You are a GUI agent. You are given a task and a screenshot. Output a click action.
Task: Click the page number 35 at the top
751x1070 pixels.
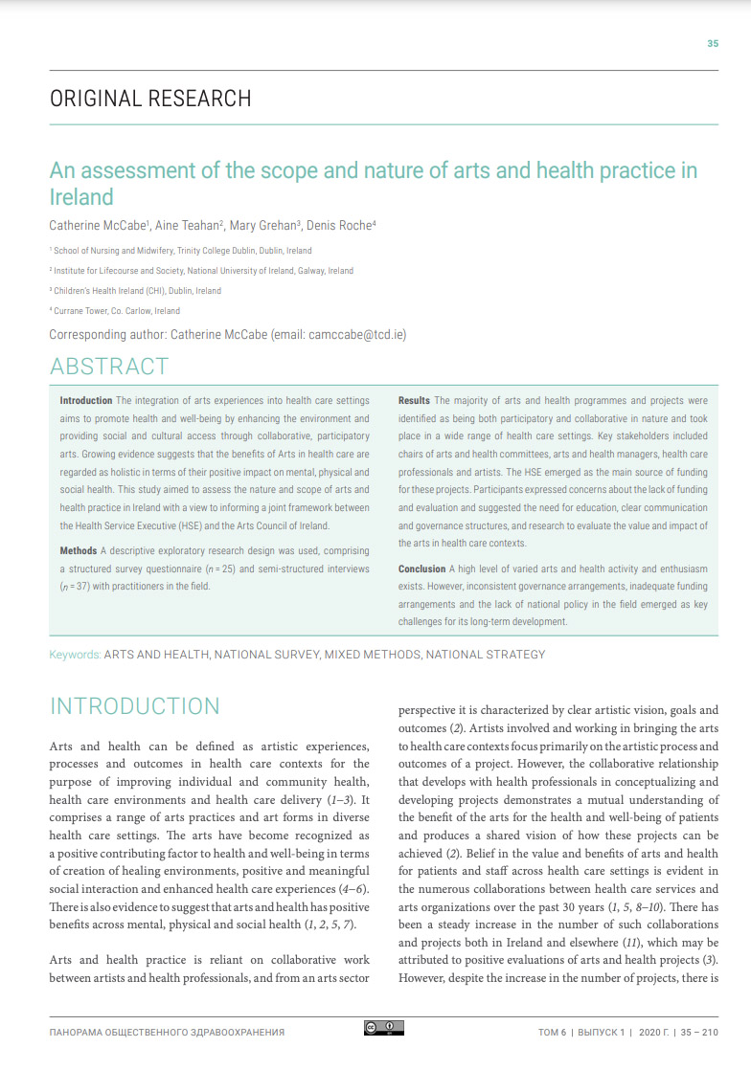coord(712,43)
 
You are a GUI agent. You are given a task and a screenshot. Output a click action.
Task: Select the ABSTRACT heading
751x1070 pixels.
coord(108,367)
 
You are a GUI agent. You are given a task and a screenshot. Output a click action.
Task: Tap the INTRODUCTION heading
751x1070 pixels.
coord(134,706)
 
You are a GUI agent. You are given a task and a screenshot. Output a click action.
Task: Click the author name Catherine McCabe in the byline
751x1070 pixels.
coord(91,225)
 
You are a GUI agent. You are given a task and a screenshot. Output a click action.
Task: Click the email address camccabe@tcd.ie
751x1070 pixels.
coord(359,334)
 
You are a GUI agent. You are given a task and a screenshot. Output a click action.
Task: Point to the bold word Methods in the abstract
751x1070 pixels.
coord(79,551)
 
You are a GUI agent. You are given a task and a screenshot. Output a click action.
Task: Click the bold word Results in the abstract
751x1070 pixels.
coord(414,400)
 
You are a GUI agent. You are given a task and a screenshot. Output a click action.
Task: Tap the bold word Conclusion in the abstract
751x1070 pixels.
coord(422,568)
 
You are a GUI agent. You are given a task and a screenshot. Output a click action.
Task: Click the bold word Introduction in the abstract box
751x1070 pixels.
coord(86,400)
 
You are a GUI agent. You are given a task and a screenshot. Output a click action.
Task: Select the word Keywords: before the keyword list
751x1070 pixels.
coord(75,655)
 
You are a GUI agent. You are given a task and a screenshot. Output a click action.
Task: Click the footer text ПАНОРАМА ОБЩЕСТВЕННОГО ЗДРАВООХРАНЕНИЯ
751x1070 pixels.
coord(167,1033)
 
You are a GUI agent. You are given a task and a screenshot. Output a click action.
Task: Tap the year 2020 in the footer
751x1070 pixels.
coord(647,1033)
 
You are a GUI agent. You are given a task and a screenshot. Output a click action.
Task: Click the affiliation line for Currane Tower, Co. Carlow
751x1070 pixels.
coord(115,311)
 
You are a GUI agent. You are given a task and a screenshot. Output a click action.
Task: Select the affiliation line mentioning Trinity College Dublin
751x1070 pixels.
coord(182,251)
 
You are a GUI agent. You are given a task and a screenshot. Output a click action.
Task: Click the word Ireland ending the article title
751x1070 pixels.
coord(81,197)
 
